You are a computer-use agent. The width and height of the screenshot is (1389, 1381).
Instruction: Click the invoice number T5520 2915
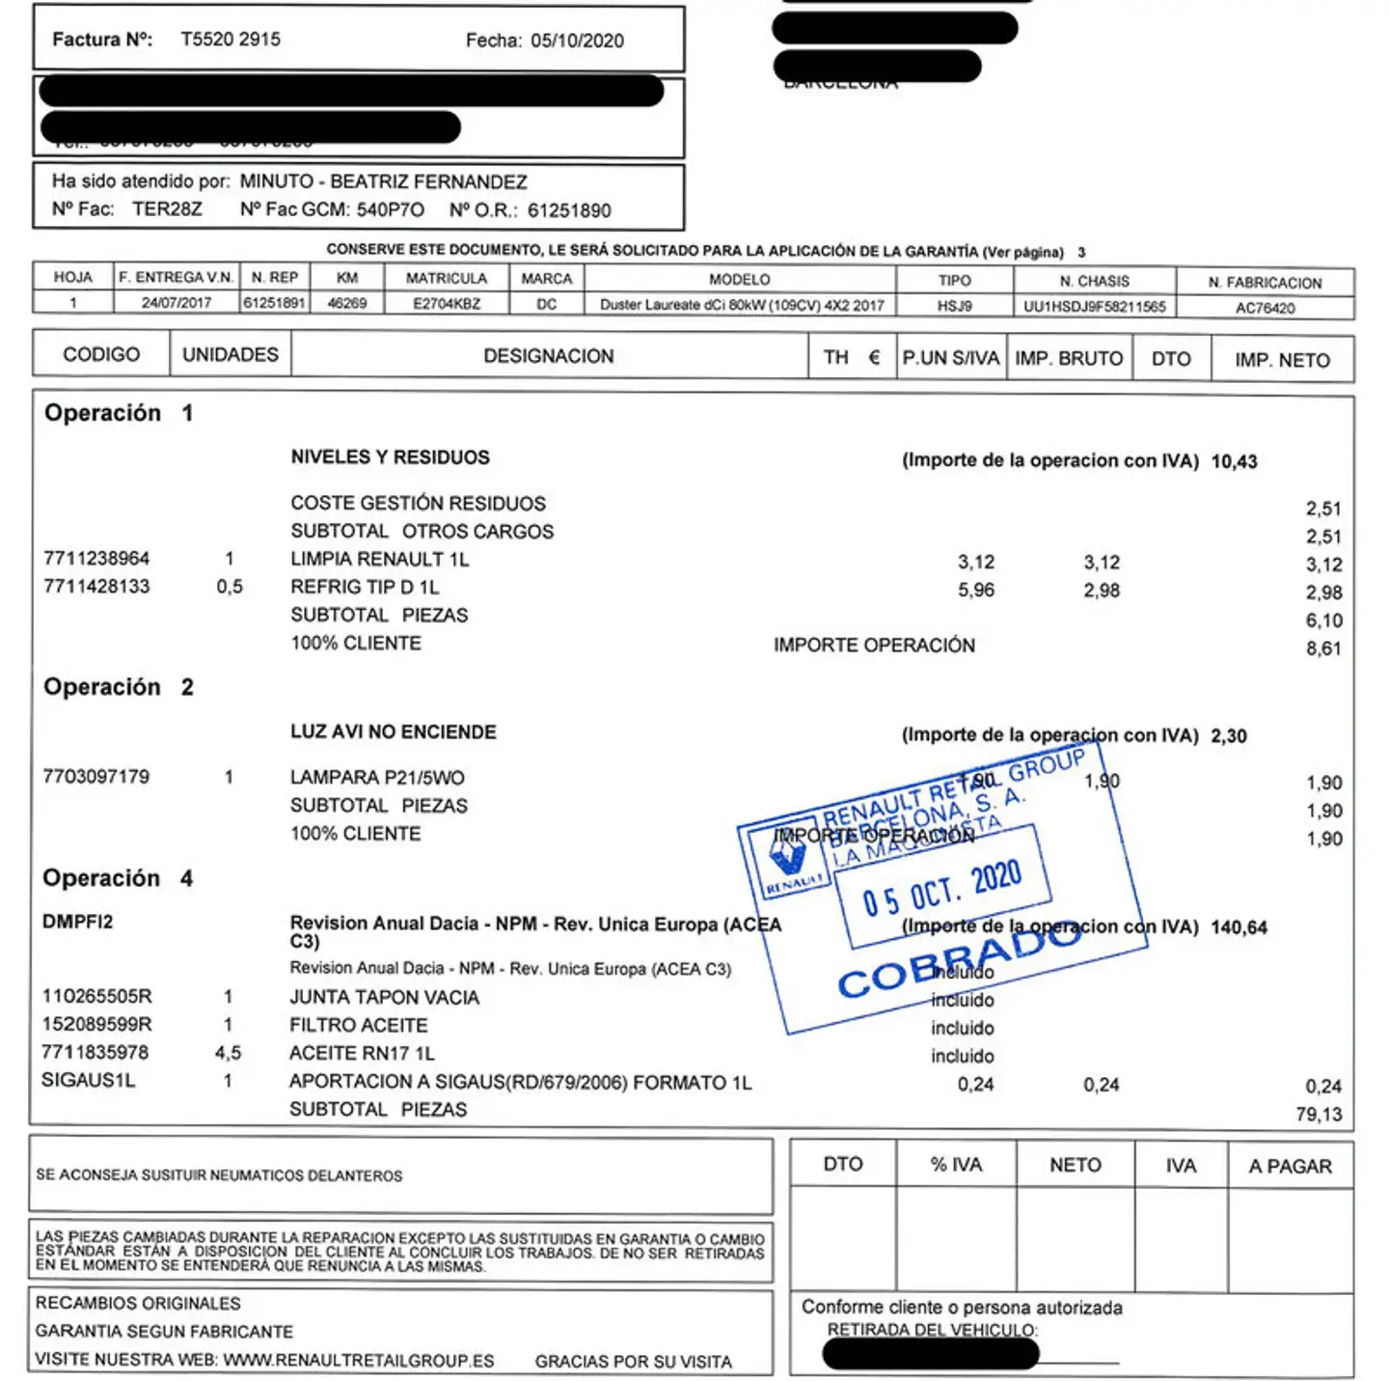pos(231,40)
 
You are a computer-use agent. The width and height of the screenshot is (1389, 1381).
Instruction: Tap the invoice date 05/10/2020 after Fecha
pos(577,41)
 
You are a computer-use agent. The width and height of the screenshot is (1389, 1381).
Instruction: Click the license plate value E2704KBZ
pos(446,304)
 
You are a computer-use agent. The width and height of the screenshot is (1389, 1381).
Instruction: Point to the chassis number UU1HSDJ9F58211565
pos(1094,307)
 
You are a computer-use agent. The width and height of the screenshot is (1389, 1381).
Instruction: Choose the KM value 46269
pos(347,303)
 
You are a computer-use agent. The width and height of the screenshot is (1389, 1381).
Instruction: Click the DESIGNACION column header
pos(548,356)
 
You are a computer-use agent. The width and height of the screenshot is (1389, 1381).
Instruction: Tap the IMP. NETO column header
pos(1282,360)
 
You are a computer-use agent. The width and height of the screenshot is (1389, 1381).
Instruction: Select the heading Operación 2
pos(118,687)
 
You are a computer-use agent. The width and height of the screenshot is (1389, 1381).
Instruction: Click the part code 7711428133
pos(96,587)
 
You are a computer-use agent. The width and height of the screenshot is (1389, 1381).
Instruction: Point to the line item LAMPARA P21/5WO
pos(377,778)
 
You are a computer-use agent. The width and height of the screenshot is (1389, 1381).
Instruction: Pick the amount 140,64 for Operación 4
pos(1239,927)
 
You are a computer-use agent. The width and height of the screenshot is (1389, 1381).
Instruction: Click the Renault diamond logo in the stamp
pos(788,852)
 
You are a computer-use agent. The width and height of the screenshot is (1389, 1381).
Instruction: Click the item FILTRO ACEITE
pos(358,1025)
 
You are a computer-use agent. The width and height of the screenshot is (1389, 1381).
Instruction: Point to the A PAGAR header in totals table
pos(1290,1166)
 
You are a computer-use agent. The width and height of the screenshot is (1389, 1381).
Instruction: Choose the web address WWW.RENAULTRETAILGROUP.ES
pos(359,1361)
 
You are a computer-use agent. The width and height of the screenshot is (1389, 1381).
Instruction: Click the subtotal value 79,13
pos(1319,1115)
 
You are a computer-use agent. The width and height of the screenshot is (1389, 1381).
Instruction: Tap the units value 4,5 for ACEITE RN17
pos(228,1053)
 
